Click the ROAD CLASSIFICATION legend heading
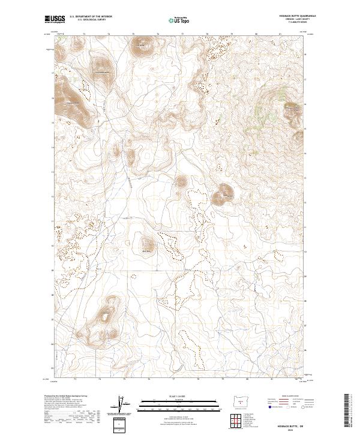[x=287, y=397]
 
